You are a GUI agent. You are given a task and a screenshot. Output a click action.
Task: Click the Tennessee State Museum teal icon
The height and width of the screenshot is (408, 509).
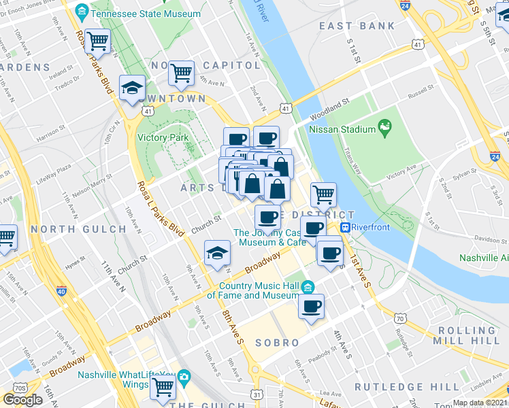[81, 12]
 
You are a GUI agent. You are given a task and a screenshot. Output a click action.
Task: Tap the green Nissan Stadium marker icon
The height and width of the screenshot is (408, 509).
[386, 127]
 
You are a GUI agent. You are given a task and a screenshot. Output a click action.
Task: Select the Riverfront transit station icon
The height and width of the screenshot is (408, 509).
[346, 228]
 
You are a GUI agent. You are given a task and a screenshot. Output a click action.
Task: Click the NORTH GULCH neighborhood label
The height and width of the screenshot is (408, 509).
[79, 229]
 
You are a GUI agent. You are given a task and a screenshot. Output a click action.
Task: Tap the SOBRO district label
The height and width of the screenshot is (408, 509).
[277, 343]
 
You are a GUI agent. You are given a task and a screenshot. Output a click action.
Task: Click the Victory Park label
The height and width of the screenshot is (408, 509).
[162, 137]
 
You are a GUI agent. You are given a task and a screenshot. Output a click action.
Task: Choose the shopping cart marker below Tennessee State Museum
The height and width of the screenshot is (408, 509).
[98, 41]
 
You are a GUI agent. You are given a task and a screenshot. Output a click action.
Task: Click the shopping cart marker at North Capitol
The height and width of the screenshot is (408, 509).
[181, 71]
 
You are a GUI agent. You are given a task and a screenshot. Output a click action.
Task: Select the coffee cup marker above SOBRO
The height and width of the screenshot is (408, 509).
[312, 306]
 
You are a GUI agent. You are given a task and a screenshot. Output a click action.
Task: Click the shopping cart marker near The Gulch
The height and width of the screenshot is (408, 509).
[163, 386]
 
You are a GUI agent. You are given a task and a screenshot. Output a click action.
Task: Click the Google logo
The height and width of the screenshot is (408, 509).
[22, 400]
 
